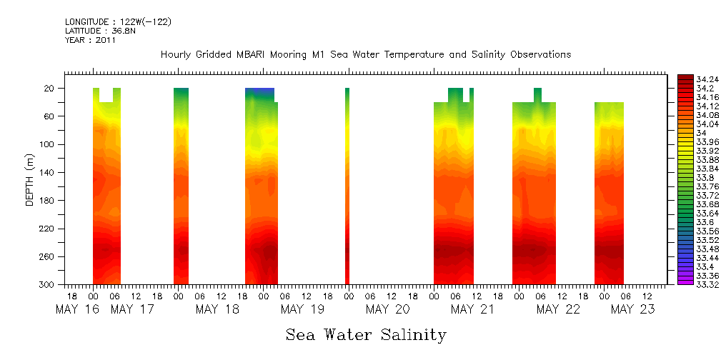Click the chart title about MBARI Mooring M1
tap(366, 55)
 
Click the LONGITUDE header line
tap(118, 22)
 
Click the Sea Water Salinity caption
tap(366, 335)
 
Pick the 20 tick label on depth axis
tap(49, 89)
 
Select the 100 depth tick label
tap(47, 144)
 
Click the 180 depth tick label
tap(47, 201)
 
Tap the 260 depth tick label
tap(47, 256)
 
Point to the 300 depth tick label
tap(47, 284)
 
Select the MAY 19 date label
tap(303, 309)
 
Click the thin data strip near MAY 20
tap(347, 186)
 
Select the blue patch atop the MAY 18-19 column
tap(259, 92)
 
